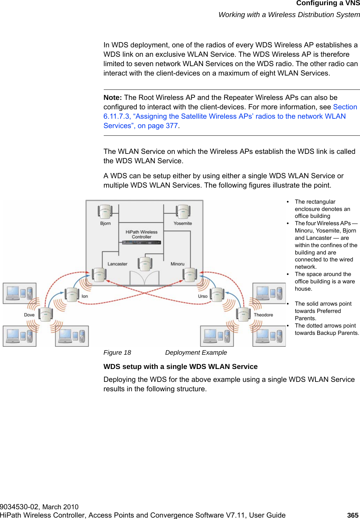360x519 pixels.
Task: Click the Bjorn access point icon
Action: pyautogui.click(x=104, y=211)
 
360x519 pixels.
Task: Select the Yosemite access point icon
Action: pyautogui.click(x=182, y=211)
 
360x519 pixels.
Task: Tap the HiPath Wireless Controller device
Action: pyautogui.click(x=141, y=242)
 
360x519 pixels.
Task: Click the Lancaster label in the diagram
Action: pyautogui.click(x=117, y=264)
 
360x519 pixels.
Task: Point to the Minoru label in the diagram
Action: pyautogui.click(x=178, y=264)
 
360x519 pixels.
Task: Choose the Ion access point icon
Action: pyautogui.click(x=72, y=294)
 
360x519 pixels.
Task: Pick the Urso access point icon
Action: pyautogui.click(x=217, y=294)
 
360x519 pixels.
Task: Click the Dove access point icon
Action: pyautogui.click(x=46, y=314)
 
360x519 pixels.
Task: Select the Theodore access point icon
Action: pyautogui.click(x=243, y=314)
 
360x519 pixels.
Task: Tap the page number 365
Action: pyautogui.click(x=353, y=515)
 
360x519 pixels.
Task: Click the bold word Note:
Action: pyautogui.click(x=112, y=97)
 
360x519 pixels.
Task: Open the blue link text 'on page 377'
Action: pyautogui.click(x=158, y=126)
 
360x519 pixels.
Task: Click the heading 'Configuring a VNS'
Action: pyautogui.click(x=328, y=3)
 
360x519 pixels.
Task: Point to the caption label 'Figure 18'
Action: pyautogui.click(x=117, y=353)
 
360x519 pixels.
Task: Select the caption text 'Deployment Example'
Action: pyautogui.click(x=196, y=353)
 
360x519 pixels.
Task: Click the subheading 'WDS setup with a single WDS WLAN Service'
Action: pyautogui.click(x=180, y=367)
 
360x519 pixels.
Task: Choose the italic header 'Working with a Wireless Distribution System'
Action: pyautogui.click(x=289, y=15)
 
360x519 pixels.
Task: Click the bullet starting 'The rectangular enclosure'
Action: pyautogui.click(x=322, y=209)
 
